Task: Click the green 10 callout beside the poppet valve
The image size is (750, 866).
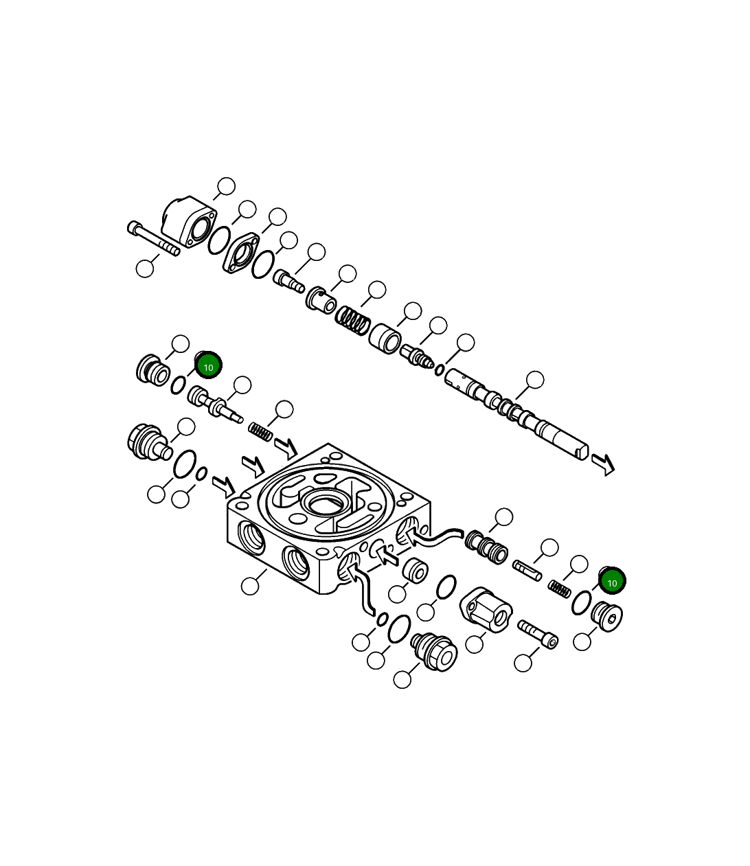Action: point(209,365)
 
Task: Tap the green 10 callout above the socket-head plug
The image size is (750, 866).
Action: point(612,582)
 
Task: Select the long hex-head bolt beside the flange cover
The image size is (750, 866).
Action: point(153,238)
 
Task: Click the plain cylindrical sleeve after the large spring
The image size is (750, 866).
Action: point(385,338)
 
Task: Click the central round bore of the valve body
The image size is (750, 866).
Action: point(323,505)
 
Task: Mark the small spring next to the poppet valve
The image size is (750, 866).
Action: point(261,432)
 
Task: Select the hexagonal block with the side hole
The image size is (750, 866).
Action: point(486,608)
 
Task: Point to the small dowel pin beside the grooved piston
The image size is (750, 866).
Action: point(527,569)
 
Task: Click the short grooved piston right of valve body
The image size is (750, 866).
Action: point(487,546)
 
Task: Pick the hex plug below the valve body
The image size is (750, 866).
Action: point(434,650)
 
